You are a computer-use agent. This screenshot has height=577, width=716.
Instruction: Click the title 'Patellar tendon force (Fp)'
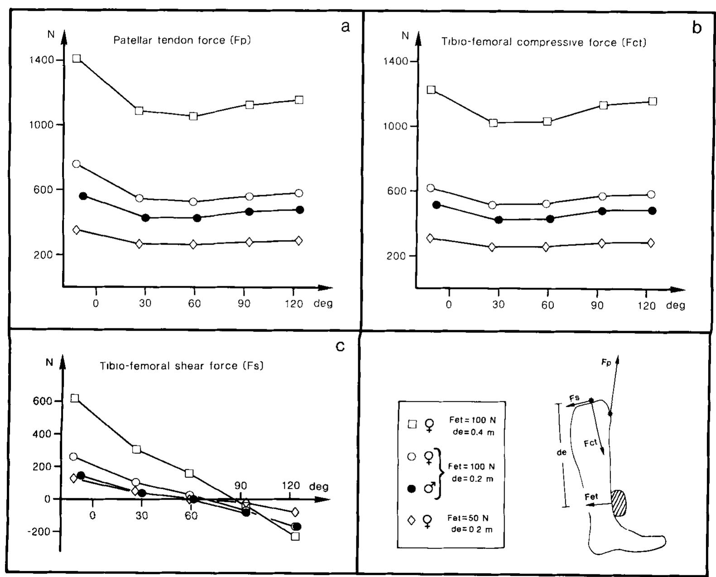(x=182, y=40)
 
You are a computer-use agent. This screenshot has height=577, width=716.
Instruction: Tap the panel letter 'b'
(x=697, y=28)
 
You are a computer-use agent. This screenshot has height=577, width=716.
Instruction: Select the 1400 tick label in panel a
(x=42, y=60)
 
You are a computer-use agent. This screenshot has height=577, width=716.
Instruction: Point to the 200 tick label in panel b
(x=395, y=255)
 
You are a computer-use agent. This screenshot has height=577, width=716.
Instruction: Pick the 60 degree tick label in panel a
(x=194, y=303)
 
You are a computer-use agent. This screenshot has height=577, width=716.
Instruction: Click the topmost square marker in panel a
(x=77, y=58)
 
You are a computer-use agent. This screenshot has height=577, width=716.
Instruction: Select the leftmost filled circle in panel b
(x=437, y=205)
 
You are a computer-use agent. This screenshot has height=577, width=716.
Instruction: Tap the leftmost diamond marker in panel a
(x=76, y=230)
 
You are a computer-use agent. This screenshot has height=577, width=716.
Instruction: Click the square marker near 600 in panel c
(x=75, y=398)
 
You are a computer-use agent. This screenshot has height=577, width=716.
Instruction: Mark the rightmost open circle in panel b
(x=651, y=194)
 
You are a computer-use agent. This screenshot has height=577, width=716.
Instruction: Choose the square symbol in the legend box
(x=412, y=424)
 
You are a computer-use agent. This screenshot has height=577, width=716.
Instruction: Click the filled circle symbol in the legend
(x=412, y=489)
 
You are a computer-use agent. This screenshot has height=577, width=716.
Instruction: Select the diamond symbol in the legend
(x=412, y=520)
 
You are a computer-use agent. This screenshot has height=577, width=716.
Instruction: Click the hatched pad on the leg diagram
(x=618, y=503)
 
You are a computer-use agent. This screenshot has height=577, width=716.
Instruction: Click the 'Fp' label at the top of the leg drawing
(x=606, y=362)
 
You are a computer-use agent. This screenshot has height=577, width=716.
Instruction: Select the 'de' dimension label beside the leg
(x=562, y=452)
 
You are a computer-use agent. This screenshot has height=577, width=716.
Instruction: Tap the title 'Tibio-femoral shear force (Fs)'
(x=182, y=365)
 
